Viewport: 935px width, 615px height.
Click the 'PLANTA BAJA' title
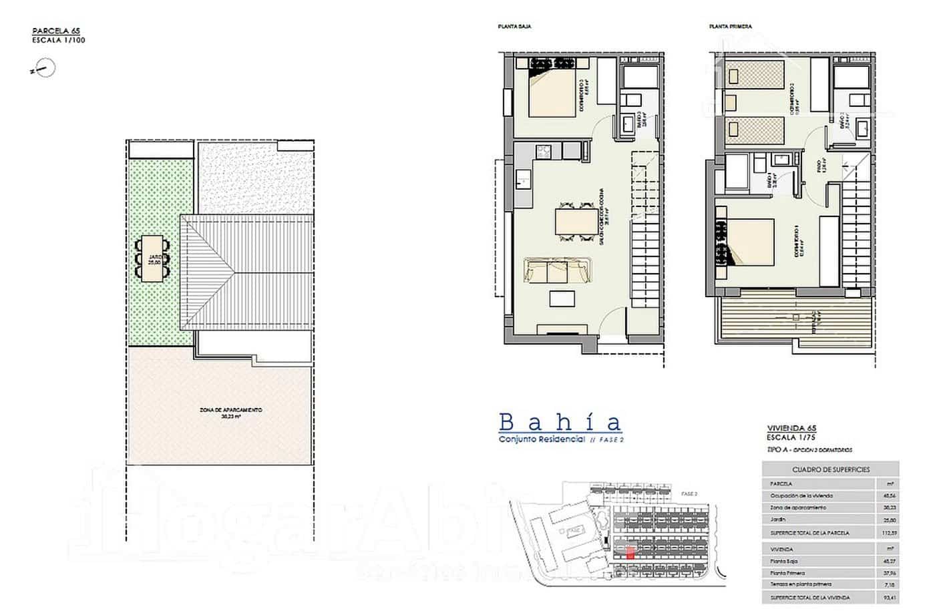coord(509,27)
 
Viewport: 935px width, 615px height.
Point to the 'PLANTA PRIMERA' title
coord(730,27)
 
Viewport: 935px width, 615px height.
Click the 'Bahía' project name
coord(560,422)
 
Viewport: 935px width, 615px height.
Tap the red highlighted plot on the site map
coord(630,552)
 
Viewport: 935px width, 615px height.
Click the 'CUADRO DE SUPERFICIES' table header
coord(830,469)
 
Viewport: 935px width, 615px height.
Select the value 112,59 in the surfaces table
coord(887,532)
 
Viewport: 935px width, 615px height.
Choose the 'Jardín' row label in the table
coord(779,520)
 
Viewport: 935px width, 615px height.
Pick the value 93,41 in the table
coord(887,597)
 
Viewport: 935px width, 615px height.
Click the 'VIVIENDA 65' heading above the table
coord(792,429)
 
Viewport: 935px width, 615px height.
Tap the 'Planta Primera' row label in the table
coord(788,573)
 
